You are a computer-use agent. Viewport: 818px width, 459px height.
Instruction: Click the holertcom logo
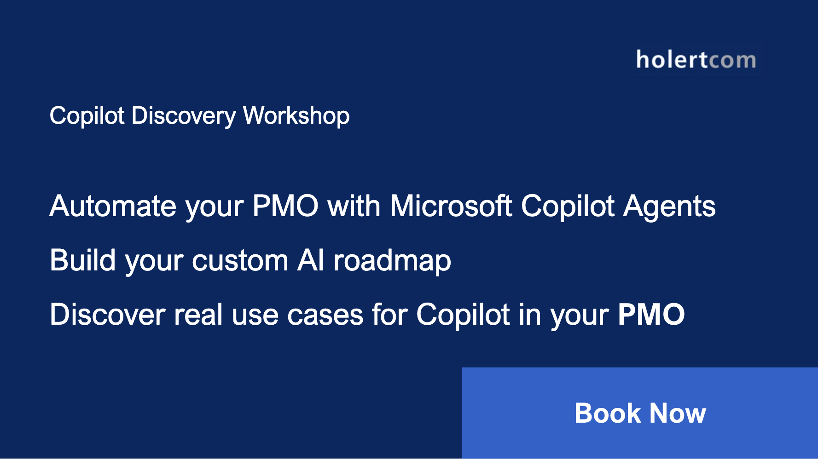[696, 60]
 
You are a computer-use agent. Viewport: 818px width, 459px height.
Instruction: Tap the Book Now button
[640, 413]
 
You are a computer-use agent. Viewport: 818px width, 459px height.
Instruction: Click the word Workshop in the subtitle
[296, 116]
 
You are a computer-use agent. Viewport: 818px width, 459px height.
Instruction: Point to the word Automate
[113, 206]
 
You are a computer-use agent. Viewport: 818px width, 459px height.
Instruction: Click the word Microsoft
[451, 206]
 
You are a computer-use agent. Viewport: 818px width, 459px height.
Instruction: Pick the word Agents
[669, 207]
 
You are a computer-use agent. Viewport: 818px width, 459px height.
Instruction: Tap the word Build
[82, 260]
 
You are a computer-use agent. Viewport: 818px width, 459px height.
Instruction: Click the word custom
[240, 261]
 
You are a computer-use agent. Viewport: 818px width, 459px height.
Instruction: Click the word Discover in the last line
[107, 315]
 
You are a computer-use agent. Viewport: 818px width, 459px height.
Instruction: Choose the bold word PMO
[651, 315]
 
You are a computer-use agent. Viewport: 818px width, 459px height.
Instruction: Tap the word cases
[325, 316]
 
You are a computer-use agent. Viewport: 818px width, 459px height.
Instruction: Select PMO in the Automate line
[285, 206]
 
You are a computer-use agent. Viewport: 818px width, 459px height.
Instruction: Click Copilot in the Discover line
[463, 316]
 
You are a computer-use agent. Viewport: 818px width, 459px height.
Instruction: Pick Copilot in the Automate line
[567, 207]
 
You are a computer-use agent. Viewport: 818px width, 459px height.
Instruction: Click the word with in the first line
[354, 206]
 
